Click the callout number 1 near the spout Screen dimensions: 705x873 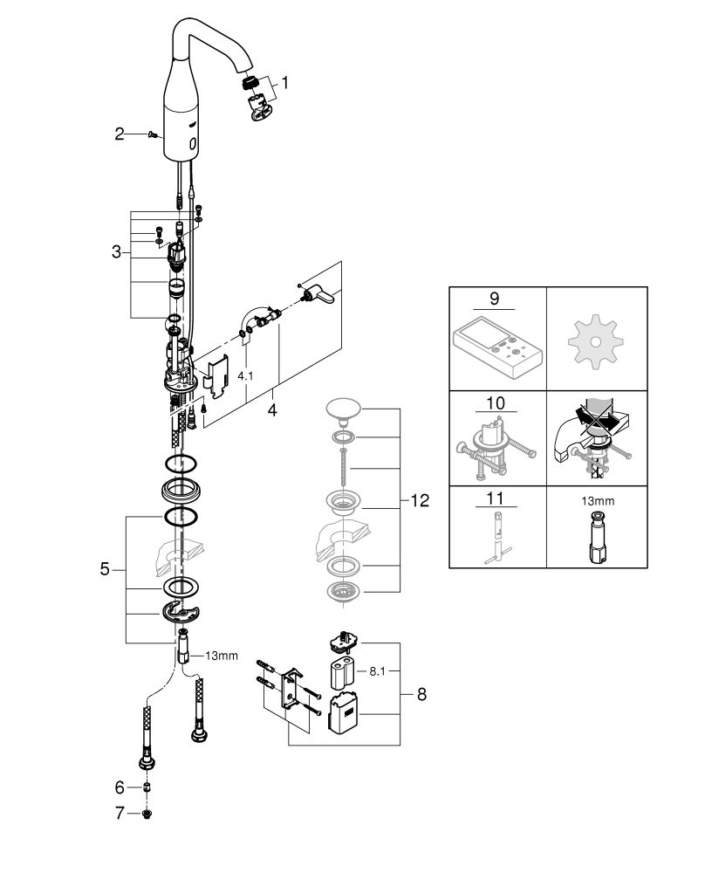click(x=285, y=84)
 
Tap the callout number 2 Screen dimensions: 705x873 click(x=120, y=134)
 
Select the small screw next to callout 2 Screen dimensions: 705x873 click(x=153, y=134)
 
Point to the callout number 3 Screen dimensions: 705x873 click(x=116, y=252)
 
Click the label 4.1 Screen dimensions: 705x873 click(x=245, y=375)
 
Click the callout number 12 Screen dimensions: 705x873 click(x=420, y=500)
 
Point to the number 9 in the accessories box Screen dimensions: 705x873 click(x=495, y=299)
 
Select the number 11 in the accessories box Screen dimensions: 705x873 click(x=496, y=498)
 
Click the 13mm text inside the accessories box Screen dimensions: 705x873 click(x=598, y=501)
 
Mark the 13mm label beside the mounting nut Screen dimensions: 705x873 click(x=222, y=656)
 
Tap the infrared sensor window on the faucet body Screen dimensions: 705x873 click(x=193, y=144)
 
